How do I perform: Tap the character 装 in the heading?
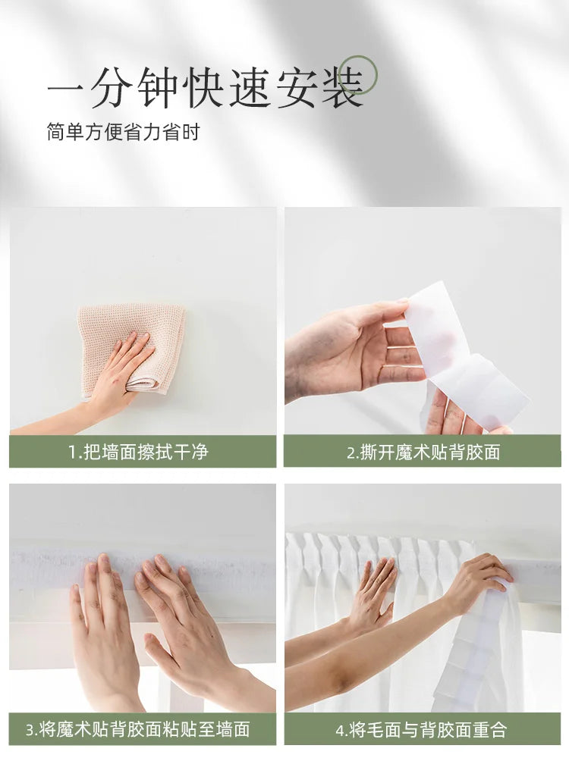point(342,87)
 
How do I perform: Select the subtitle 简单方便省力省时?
point(123,131)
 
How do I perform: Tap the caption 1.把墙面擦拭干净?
point(138,452)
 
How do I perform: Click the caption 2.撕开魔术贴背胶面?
point(423,453)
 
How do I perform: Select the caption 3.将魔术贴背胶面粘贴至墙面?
point(138,729)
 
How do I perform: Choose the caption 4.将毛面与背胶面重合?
point(421,729)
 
